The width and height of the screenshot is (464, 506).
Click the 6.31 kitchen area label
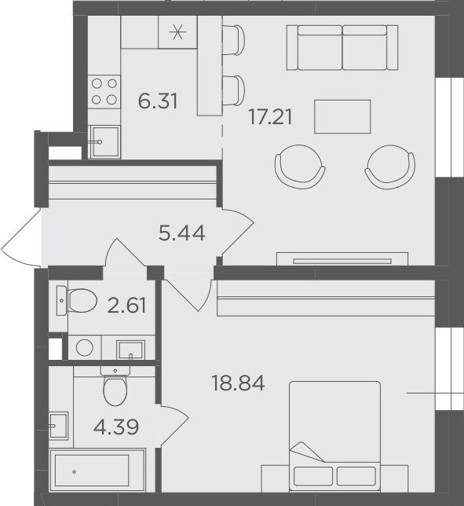(158, 101)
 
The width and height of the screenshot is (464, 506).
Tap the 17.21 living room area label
(271, 117)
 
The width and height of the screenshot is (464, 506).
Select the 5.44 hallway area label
(182, 233)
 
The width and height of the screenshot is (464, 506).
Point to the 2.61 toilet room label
(126, 306)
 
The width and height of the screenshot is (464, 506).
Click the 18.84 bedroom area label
(239, 383)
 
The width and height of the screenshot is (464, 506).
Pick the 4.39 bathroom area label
(116, 427)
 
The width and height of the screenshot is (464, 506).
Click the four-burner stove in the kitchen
(104, 92)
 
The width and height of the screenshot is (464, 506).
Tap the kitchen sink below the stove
(104, 142)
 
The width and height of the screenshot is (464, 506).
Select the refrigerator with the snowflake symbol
(177, 32)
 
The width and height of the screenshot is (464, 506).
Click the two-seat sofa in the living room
(342, 47)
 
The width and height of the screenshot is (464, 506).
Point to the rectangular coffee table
(342, 116)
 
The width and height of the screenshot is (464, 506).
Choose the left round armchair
(300, 167)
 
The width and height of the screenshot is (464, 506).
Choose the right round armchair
(390, 167)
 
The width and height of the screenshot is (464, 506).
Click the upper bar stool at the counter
(233, 40)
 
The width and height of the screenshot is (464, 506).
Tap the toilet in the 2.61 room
(77, 300)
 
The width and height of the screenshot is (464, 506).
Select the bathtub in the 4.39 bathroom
(97, 470)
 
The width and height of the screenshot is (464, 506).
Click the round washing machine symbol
(85, 347)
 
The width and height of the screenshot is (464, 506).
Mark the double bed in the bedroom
(334, 437)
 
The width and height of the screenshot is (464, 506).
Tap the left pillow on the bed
(313, 476)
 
